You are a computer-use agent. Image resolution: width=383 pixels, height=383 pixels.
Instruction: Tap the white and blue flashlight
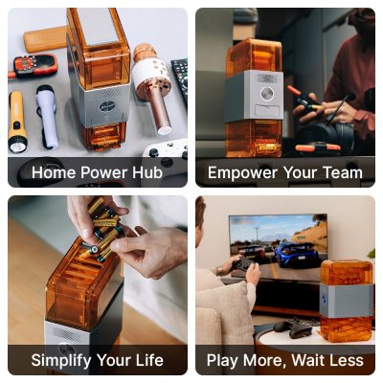(x=47, y=117)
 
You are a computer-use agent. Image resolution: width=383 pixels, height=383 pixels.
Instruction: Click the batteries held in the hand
(x=101, y=230)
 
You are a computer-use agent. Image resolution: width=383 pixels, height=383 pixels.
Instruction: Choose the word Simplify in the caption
(x=64, y=361)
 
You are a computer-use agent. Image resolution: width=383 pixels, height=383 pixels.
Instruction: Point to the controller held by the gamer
(x=242, y=263)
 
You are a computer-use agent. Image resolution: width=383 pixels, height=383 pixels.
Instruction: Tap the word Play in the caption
(x=224, y=361)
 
